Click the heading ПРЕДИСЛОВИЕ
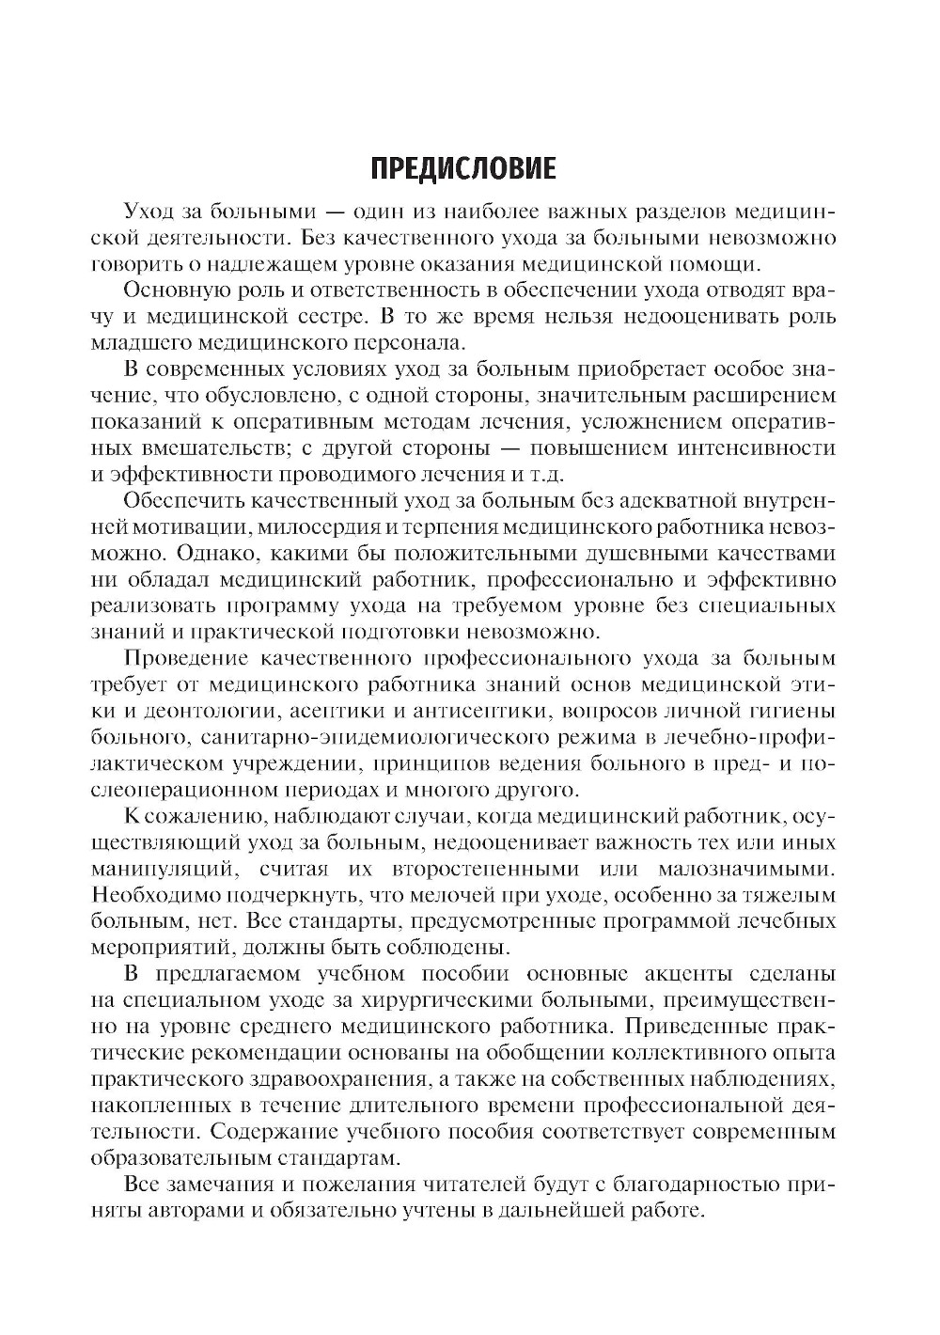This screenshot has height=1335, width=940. [x=463, y=168]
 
